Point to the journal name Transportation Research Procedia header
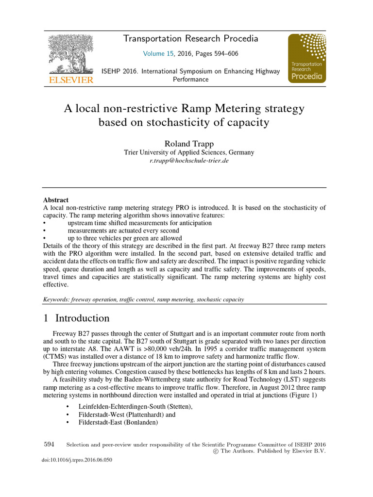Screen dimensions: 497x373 click(x=190, y=39)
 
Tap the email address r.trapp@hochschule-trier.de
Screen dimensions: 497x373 click(x=189, y=161)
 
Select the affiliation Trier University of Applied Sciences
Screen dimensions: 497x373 click(x=189, y=152)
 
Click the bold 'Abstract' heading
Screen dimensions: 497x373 click(x=56, y=200)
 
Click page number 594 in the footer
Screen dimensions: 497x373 click(x=49, y=444)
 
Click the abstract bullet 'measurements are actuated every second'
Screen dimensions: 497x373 click(x=123, y=231)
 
